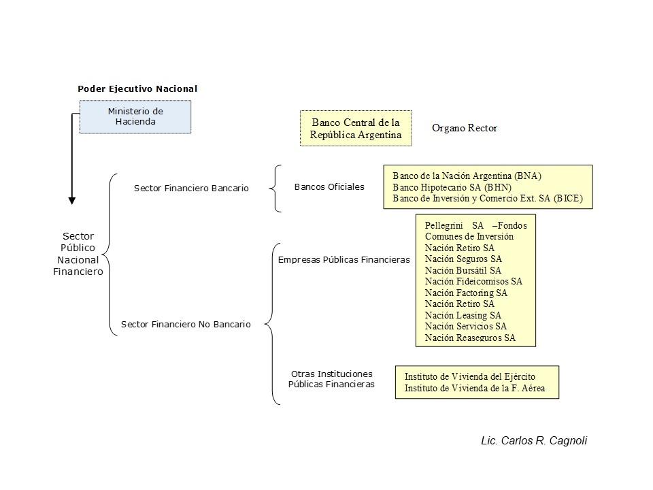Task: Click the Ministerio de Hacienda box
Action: [135, 116]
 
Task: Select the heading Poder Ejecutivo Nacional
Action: [137, 88]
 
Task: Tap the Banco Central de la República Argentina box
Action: [356, 129]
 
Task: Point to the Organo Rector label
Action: [465, 128]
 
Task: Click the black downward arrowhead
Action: [72, 201]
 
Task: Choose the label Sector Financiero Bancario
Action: [191, 189]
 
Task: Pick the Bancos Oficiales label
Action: [329, 187]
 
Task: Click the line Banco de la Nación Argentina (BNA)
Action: [467, 176]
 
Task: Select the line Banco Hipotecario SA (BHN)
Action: [452, 188]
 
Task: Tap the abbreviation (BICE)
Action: [568, 198]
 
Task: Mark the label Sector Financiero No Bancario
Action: [186, 324]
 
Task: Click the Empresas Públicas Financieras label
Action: [344, 259]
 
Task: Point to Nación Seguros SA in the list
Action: [463, 259]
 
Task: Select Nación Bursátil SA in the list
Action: [463, 270]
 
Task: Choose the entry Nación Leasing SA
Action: [463, 315]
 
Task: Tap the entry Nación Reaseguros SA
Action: [470, 338]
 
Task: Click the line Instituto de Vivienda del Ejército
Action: [470, 376]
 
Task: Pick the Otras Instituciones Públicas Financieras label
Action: [331, 379]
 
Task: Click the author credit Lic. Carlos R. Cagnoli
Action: [534, 440]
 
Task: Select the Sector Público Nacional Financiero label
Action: [78, 254]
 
